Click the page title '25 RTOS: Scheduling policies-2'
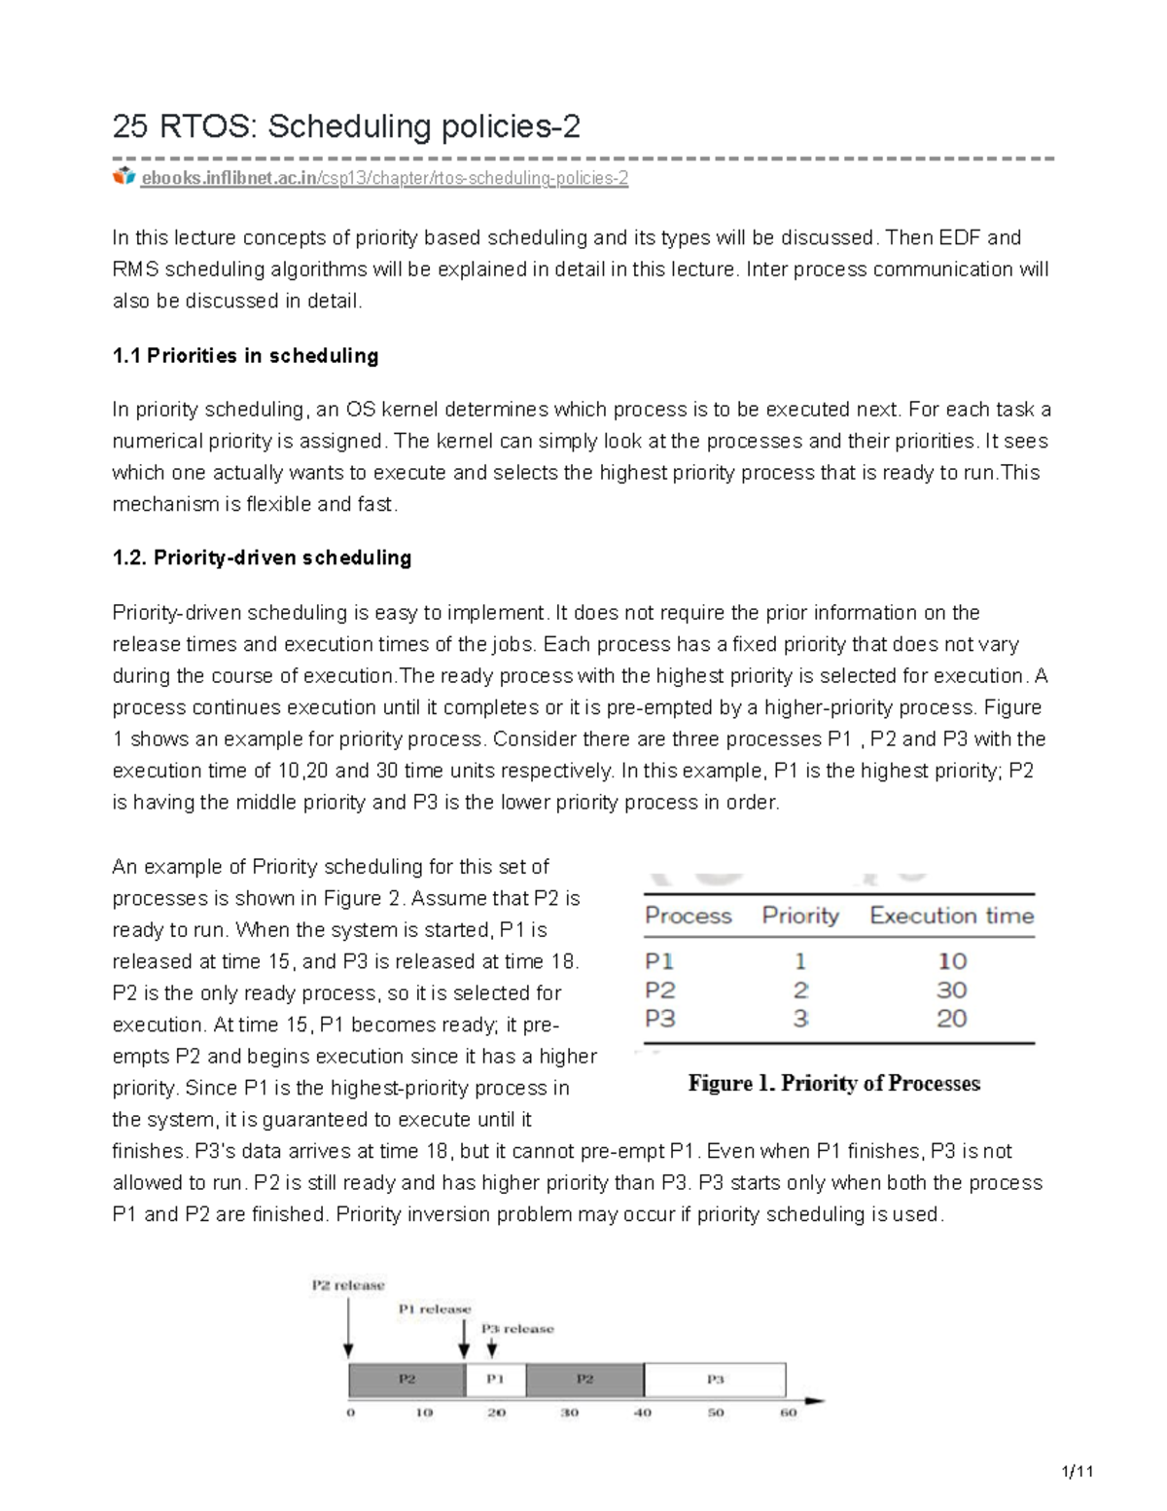(x=346, y=126)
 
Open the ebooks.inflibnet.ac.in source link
(x=384, y=178)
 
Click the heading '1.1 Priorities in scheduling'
(x=245, y=356)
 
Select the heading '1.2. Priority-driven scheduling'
(x=262, y=558)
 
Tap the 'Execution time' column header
(x=951, y=916)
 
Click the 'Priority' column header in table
(x=799, y=916)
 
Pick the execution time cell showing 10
(x=951, y=961)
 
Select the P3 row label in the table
(x=659, y=1019)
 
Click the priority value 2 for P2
(x=800, y=990)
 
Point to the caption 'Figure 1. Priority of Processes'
(x=833, y=1084)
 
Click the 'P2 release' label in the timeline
(x=348, y=1285)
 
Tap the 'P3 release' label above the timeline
(x=517, y=1329)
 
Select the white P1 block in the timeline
(x=496, y=1380)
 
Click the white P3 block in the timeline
(x=715, y=1380)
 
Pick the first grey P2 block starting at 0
(x=407, y=1380)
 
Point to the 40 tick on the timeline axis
(x=643, y=1413)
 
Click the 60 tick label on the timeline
(x=789, y=1413)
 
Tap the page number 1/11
(x=1078, y=1471)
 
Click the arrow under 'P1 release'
(x=464, y=1340)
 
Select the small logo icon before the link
(x=124, y=177)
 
